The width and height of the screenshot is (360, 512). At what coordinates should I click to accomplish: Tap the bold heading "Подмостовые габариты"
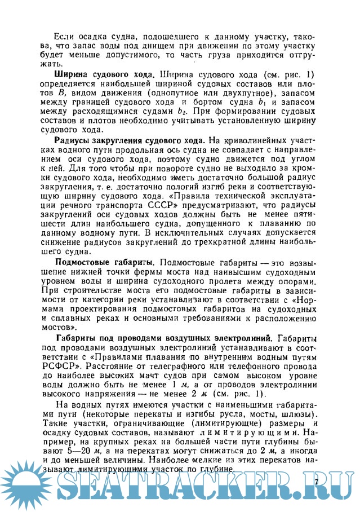(x=104, y=263)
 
